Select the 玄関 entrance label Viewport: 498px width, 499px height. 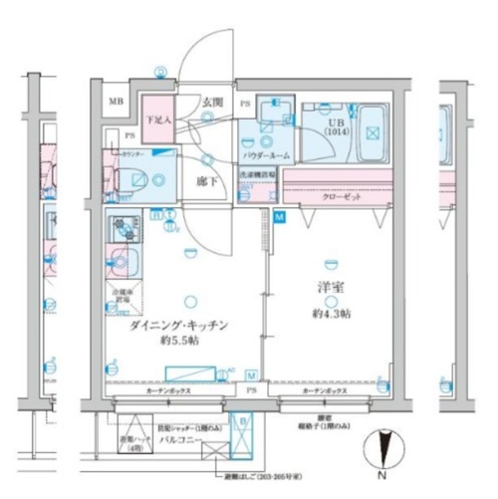coord(213,102)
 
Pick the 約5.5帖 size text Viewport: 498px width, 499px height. coord(181,342)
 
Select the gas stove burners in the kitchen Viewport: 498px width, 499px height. coord(122,228)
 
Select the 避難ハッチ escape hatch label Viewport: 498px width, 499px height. coord(133,443)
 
